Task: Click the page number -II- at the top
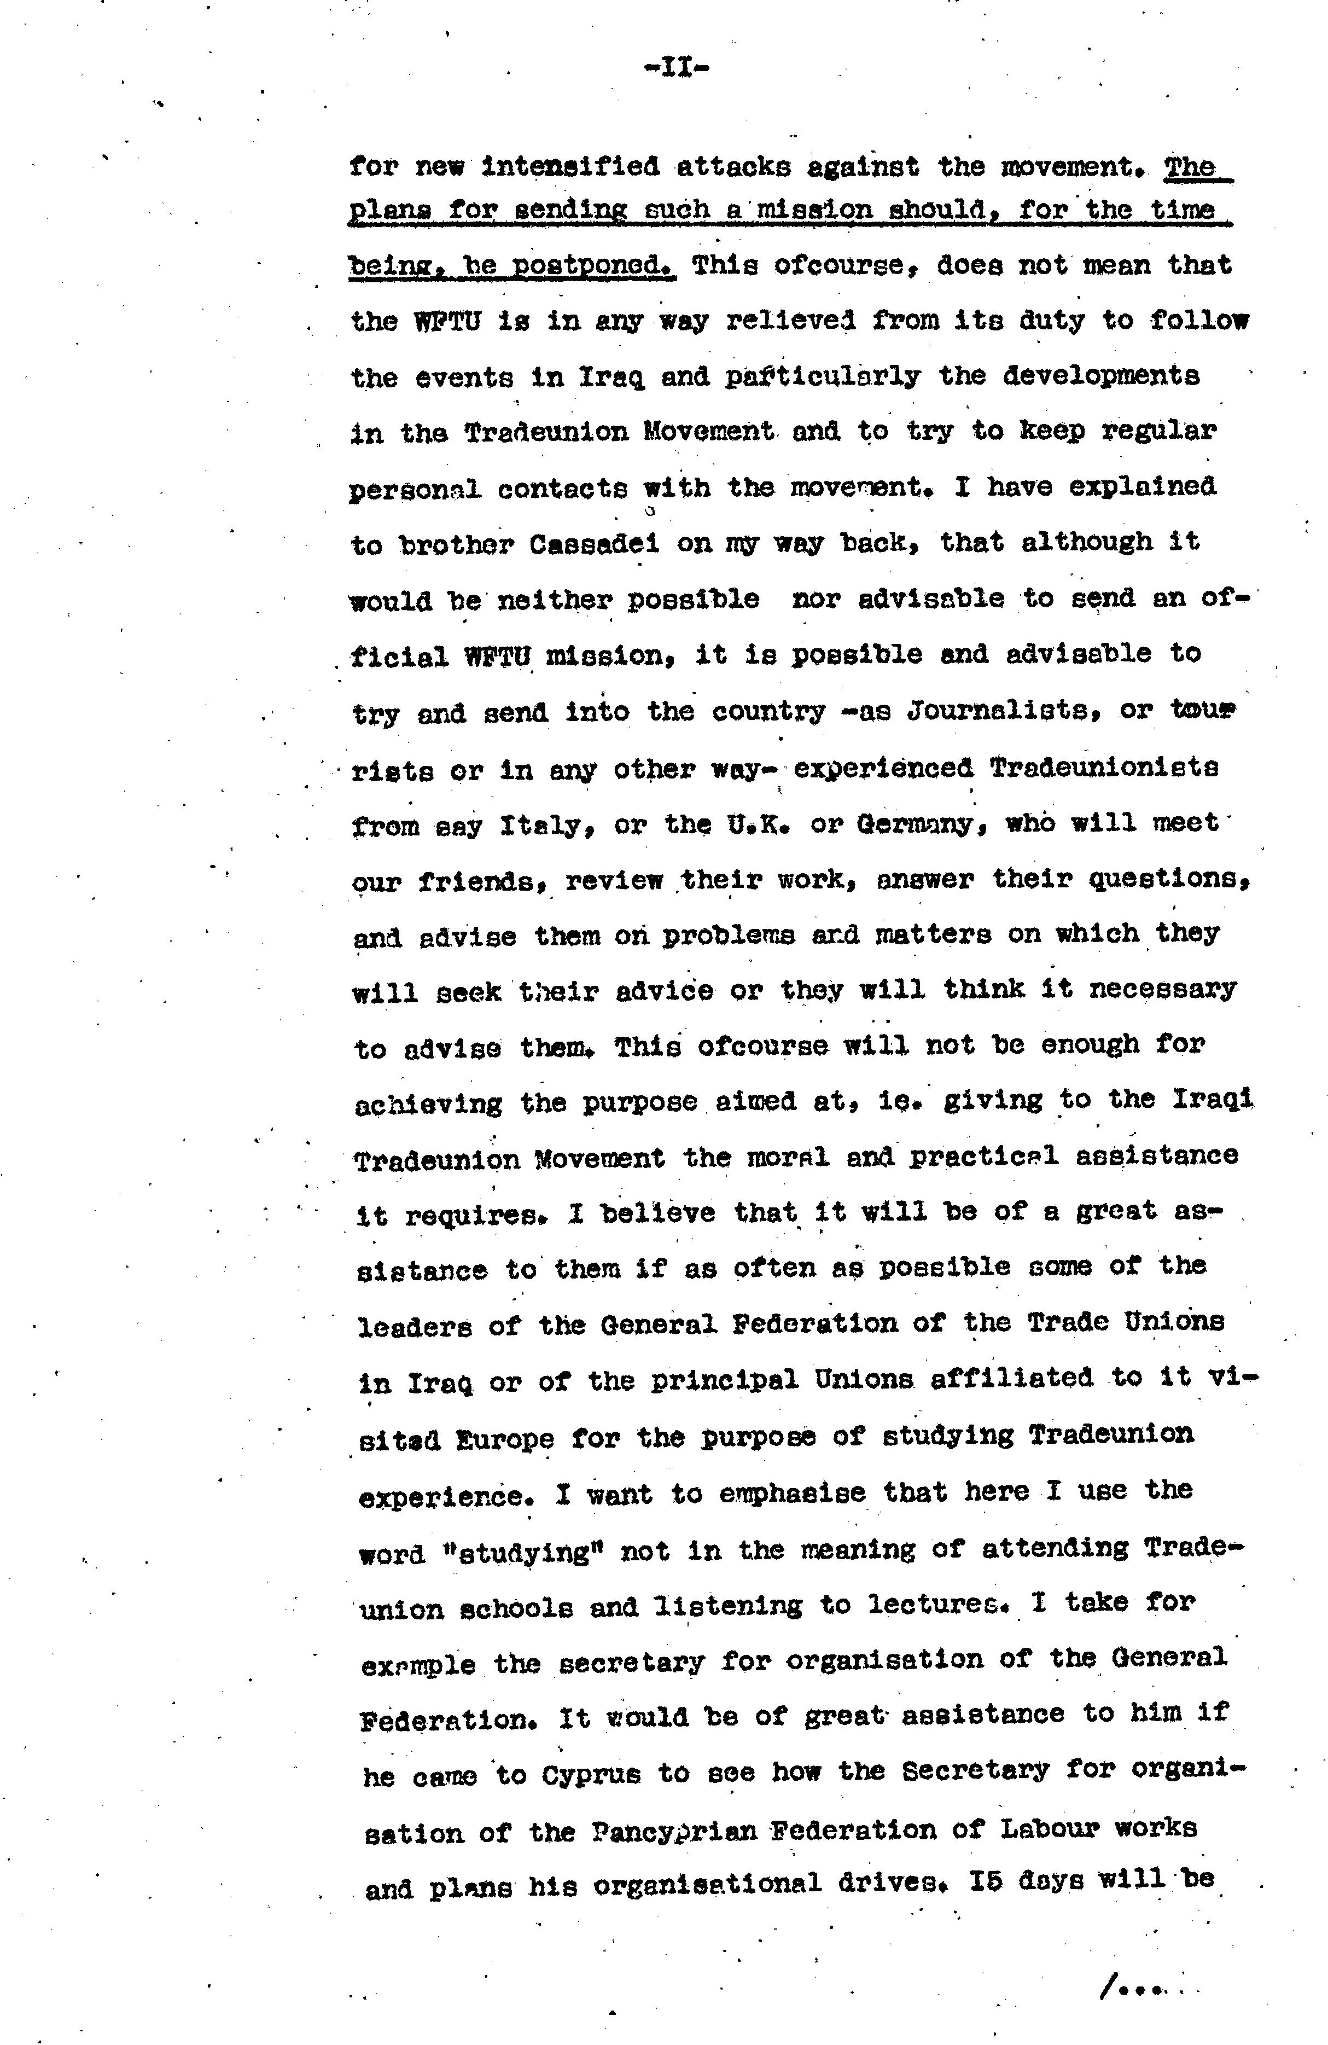point(676,68)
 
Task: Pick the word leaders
point(415,1326)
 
